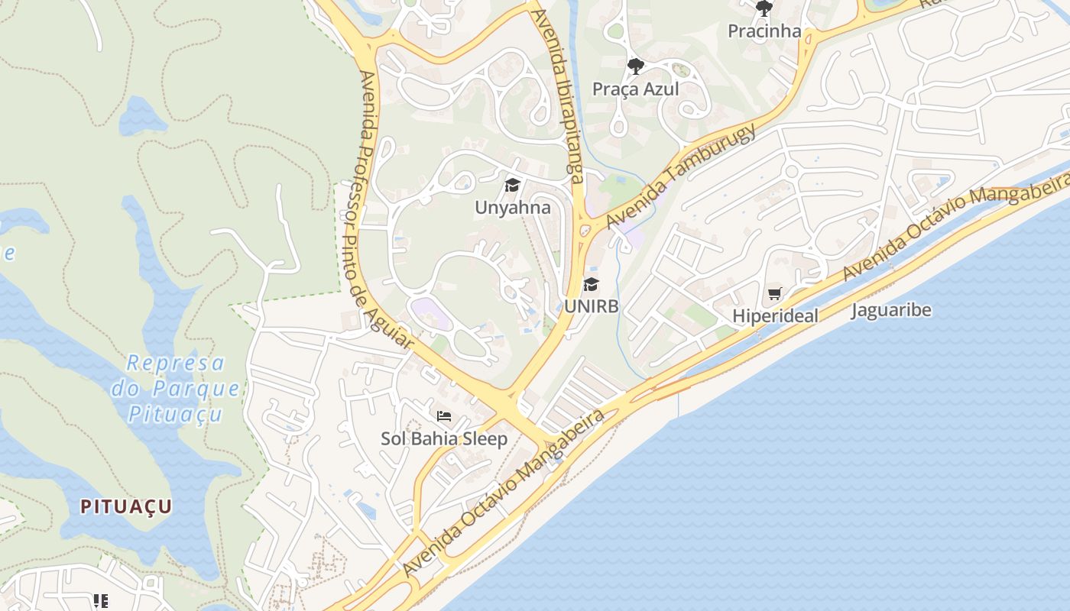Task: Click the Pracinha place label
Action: [x=764, y=31]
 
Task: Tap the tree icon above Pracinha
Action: [x=764, y=9]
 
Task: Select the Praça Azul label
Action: [x=635, y=89]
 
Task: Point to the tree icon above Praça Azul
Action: [x=635, y=66]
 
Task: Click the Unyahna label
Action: [x=512, y=207]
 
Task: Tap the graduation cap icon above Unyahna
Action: [x=512, y=185]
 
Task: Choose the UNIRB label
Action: [x=591, y=306]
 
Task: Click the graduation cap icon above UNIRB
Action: [x=591, y=285]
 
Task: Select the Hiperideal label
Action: [x=775, y=315]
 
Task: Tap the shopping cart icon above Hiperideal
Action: [x=775, y=293]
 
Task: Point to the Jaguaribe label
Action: [x=891, y=310]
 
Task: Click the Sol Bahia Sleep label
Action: [x=444, y=438]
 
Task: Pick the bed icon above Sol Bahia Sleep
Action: [x=443, y=416]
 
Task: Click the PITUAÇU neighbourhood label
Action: [x=126, y=506]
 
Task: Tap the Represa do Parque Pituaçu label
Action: [x=177, y=388]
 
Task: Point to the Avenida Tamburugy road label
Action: [x=681, y=175]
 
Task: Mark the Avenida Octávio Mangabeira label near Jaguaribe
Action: [x=955, y=227]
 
